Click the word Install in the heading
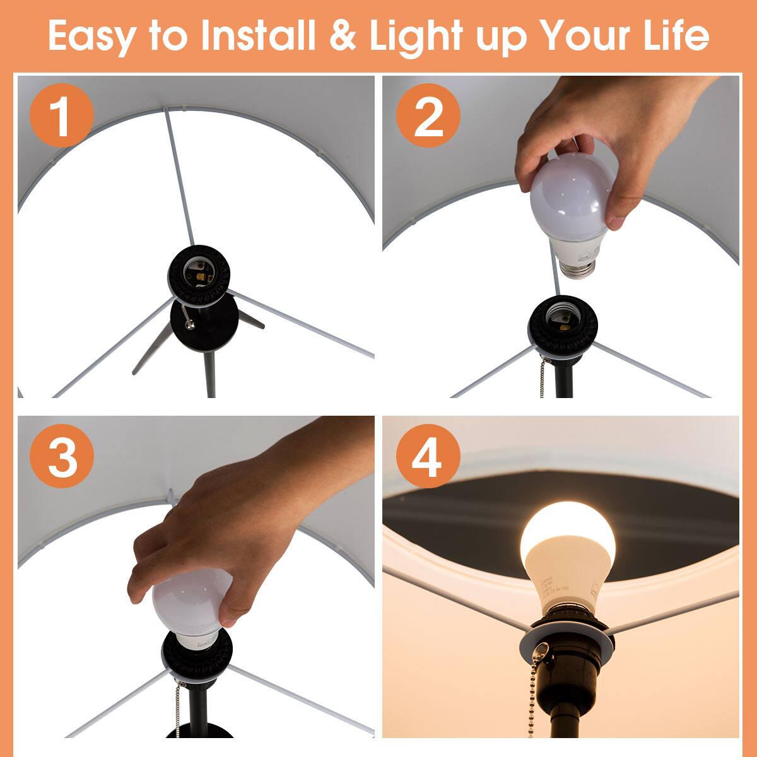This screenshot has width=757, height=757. (257, 36)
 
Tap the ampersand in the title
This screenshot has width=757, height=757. (343, 36)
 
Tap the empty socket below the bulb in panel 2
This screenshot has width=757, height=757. (563, 319)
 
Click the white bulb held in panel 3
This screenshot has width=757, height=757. (189, 602)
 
